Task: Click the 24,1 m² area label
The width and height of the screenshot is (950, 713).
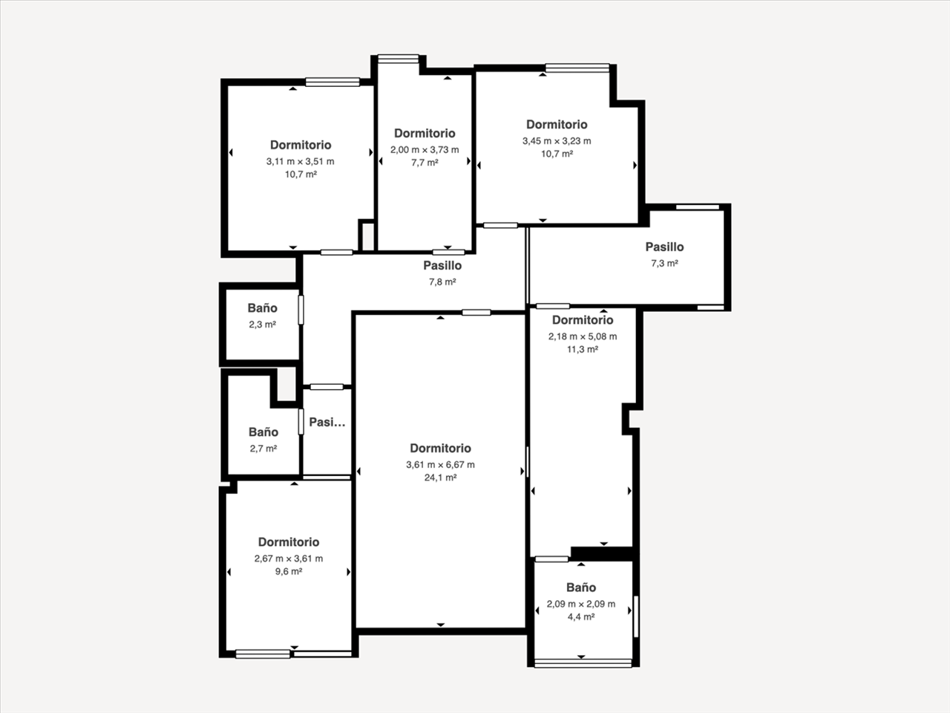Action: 440,478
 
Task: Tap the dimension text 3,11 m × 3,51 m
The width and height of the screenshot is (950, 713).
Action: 301,161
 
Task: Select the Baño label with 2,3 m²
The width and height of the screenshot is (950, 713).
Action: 262,307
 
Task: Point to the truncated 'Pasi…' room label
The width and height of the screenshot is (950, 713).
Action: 327,422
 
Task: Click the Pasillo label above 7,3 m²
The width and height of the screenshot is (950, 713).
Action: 664,247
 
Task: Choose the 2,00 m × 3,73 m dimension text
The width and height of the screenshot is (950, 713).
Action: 425,150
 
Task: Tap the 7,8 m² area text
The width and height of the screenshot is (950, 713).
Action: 442,281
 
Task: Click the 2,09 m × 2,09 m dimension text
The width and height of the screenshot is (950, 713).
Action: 581,604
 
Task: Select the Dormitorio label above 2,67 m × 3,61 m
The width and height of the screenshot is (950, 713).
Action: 289,542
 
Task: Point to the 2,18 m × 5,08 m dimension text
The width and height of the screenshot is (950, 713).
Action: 583,336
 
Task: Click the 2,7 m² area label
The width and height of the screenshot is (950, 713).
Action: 263,449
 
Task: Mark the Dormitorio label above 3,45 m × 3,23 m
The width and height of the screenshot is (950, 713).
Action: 557,124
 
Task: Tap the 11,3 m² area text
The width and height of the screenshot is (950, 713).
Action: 583,349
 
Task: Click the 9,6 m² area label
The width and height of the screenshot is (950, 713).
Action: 289,571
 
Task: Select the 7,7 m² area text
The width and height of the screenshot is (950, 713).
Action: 425,163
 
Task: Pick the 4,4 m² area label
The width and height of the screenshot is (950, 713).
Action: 581,617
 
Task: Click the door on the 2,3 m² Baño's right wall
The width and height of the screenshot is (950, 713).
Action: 301,310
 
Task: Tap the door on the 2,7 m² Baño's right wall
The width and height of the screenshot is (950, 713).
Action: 301,422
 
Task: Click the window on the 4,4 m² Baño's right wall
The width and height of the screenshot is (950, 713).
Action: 636,617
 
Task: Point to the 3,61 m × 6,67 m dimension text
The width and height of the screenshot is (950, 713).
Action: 440,464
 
